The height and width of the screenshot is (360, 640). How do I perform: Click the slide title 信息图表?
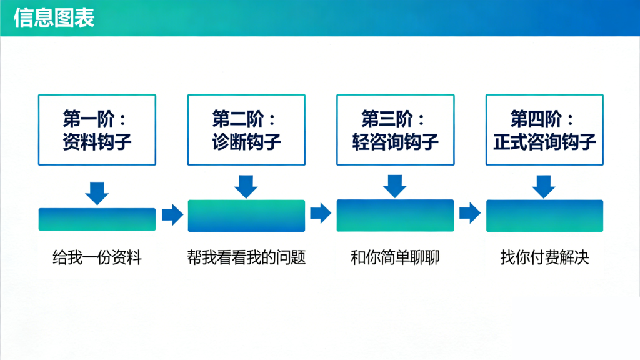[54, 18]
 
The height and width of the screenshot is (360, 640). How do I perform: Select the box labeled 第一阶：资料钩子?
[97, 130]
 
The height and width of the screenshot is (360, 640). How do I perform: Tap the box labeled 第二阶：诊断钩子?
[246, 130]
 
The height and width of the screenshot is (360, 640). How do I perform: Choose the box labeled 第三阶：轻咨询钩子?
[395, 130]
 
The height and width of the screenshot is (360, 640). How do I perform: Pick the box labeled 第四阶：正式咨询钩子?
[544, 130]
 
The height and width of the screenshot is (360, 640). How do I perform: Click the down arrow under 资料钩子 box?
[97, 192]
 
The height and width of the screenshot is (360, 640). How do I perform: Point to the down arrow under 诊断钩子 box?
[246, 186]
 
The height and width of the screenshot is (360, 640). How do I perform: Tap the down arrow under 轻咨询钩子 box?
[395, 186]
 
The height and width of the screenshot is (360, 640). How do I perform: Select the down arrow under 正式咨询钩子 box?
[544, 186]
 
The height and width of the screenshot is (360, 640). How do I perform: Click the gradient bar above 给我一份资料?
[97, 219]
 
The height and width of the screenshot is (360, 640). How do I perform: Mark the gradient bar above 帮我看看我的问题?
[246, 216]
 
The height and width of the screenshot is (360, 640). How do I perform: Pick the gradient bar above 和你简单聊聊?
[395, 216]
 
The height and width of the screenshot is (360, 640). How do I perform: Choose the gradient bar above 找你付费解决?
[544, 216]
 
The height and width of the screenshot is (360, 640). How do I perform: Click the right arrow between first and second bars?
[172, 215]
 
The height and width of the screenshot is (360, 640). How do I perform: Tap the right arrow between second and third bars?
[321, 214]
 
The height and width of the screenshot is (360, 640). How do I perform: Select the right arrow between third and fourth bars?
[469, 214]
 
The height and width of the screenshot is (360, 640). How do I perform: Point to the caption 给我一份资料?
[97, 257]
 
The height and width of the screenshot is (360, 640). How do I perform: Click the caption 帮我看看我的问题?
[246, 257]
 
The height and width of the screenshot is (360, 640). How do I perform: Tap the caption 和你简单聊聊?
[395, 257]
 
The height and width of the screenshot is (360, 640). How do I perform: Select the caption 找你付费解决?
[544, 257]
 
